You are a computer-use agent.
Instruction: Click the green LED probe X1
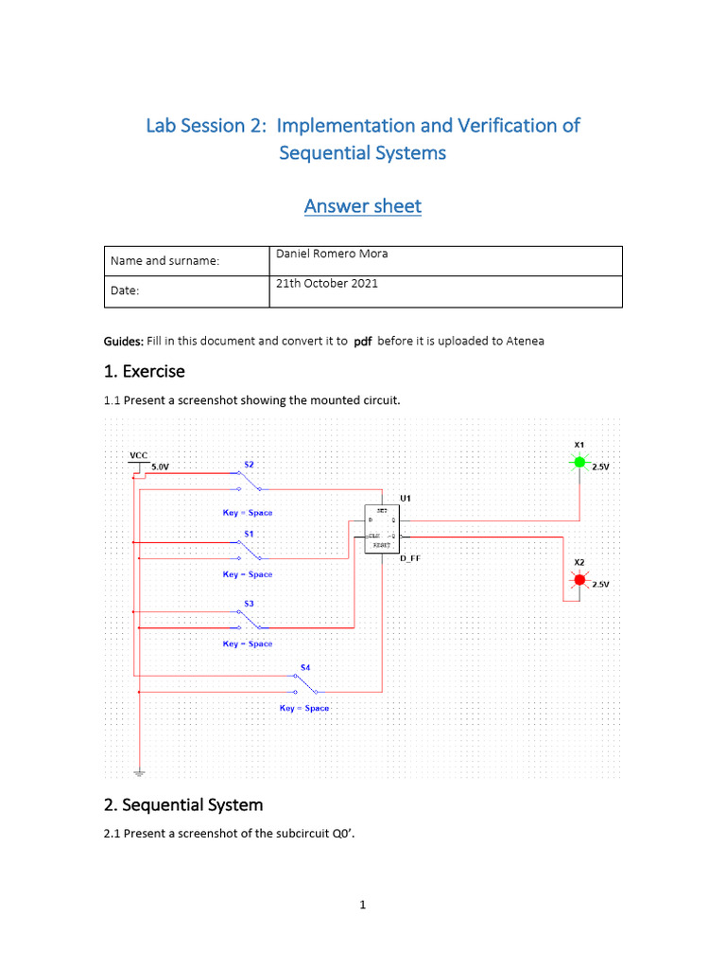pyautogui.click(x=579, y=463)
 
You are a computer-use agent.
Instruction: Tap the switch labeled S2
pyautogui.click(x=250, y=480)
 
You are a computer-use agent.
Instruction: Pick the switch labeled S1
pyautogui.click(x=250, y=550)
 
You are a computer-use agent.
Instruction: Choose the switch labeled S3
pyautogui.click(x=250, y=620)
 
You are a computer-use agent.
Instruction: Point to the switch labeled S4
pyautogui.click(x=305, y=684)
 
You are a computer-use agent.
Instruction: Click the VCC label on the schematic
pyautogui.click(x=139, y=455)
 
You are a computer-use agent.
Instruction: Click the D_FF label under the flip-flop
pyautogui.click(x=409, y=559)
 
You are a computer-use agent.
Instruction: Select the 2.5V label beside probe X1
pyautogui.click(x=600, y=467)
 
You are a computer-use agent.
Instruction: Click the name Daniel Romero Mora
pyautogui.click(x=331, y=254)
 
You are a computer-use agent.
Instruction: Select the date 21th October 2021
pyautogui.click(x=326, y=284)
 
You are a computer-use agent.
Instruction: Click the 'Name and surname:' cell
pyautogui.click(x=164, y=260)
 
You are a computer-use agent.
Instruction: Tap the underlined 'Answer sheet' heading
pyautogui.click(x=362, y=205)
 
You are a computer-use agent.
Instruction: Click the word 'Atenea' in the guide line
pyautogui.click(x=524, y=341)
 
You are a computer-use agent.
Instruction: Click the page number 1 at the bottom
pyautogui.click(x=362, y=905)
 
